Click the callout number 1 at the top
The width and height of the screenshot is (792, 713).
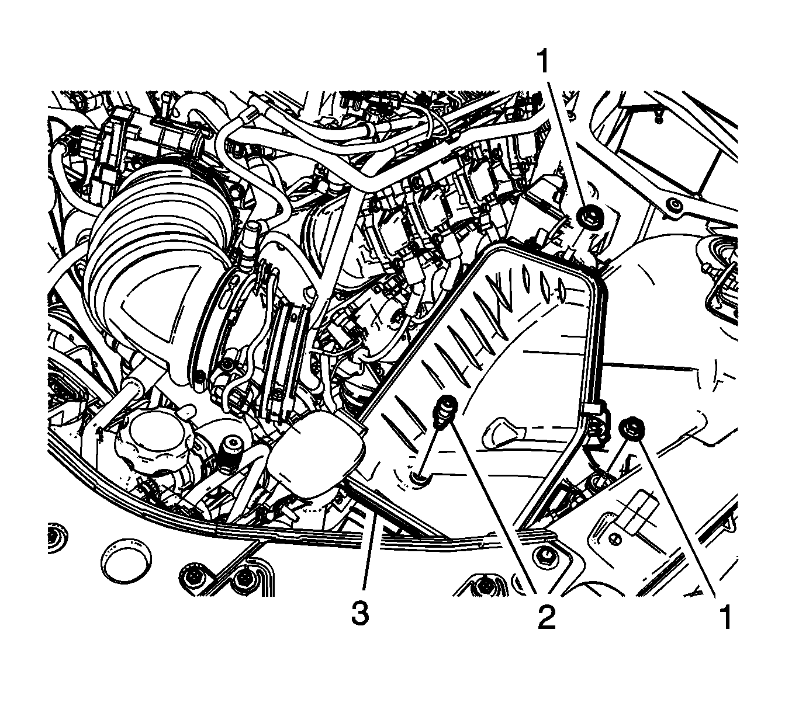[x=544, y=61]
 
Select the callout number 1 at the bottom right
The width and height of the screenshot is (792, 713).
[x=725, y=617]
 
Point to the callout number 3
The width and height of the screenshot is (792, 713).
[x=361, y=613]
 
